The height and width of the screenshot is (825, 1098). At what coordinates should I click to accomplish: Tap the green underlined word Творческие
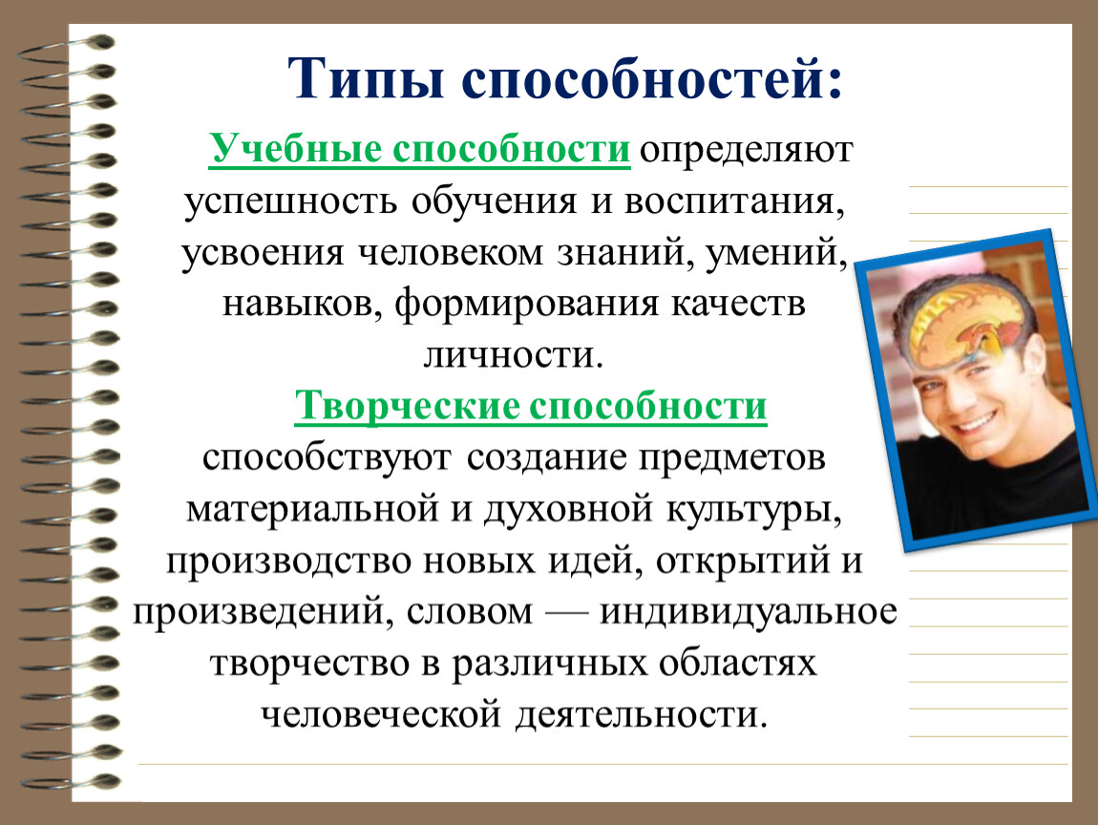(x=407, y=405)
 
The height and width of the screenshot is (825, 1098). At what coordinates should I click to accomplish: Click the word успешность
(x=291, y=201)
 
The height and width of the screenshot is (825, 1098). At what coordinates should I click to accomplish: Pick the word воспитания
(x=734, y=201)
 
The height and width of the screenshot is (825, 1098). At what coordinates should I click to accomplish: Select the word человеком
(x=452, y=252)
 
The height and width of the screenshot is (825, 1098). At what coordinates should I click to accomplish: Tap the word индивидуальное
(x=749, y=612)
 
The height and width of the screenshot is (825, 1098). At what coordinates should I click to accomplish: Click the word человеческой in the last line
(x=382, y=715)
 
